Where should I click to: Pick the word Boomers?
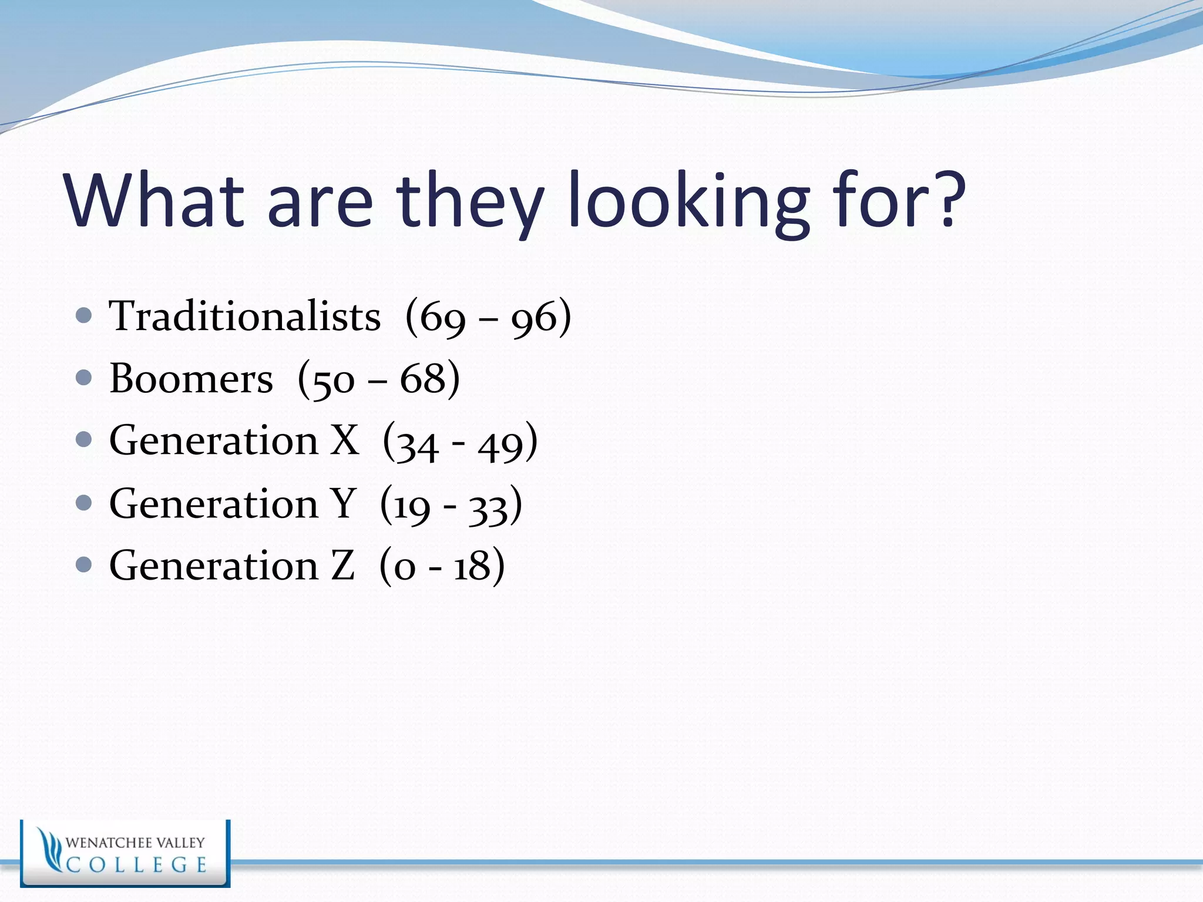pyautogui.click(x=191, y=378)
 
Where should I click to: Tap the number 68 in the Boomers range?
pyautogui.click(x=422, y=378)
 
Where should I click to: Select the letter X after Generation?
pyautogui.click(x=344, y=440)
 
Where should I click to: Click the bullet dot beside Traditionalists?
pyautogui.click(x=84, y=316)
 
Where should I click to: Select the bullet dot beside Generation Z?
pyautogui.click(x=84, y=565)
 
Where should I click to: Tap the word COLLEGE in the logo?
pyautogui.click(x=136, y=865)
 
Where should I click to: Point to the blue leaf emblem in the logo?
pyautogui.click(x=49, y=849)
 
